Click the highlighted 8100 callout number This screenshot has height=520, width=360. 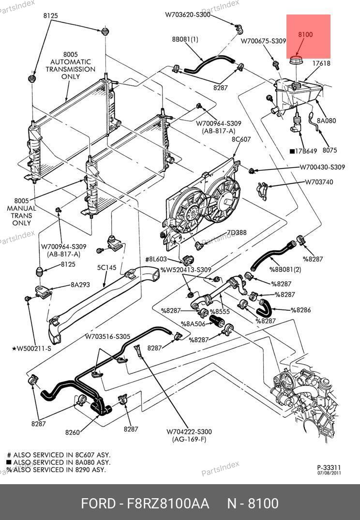305,34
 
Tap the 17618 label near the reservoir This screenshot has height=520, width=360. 321,63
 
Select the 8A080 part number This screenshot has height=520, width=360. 327,121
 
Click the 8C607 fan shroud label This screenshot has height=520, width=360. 241,139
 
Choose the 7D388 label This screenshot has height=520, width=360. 237,233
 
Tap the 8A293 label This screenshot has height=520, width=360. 80,285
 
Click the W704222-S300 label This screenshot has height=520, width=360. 189,432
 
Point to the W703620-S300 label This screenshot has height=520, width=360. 187,15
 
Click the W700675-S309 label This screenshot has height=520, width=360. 264,42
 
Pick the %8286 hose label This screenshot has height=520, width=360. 300,310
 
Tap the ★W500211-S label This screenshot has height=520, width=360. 31,348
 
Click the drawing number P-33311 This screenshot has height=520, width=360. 329,467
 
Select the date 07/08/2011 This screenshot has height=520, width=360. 329,473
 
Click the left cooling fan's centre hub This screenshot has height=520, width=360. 192,210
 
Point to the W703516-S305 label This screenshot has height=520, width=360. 108,336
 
